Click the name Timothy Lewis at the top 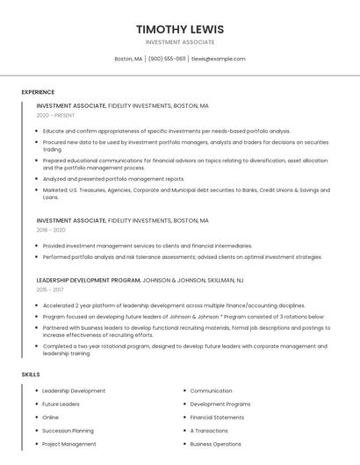point(180,29)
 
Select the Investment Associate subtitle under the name point(180,42)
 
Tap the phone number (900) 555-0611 point(167,59)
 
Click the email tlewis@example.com point(218,59)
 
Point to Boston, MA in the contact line point(128,59)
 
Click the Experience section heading point(38,92)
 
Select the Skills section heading point(31,375)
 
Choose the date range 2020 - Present point(55,115)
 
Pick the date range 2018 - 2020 point(51,230)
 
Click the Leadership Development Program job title point(88,280)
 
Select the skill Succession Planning point(68,431)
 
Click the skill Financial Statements point(217,418)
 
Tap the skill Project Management point(69,444)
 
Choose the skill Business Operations point(215,444)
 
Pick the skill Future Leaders point(61,404)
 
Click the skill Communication point(211,390)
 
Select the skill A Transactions point(209,431)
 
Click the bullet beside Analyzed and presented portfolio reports point(38,178)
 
